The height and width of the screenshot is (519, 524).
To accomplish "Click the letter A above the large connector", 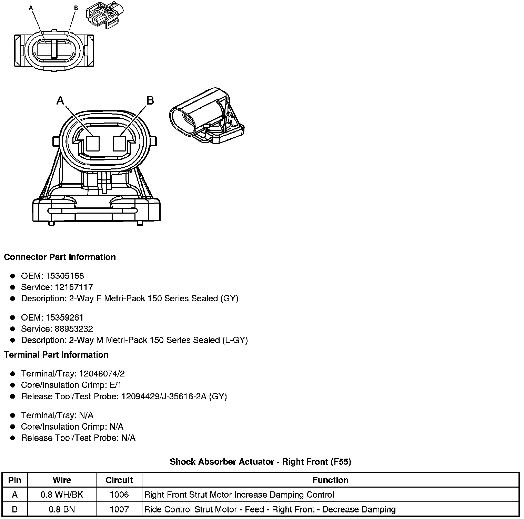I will [x=60, y=100].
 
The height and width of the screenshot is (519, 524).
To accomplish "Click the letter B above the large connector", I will [x=150, y=100].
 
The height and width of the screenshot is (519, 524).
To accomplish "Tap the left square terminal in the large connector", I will [x=93, y=143].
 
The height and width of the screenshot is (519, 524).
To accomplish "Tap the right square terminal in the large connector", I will [x=119, y=143].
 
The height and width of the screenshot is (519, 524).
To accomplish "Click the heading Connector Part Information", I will [x=60, y=257].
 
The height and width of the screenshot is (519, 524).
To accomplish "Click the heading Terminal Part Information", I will [x=56, y=355].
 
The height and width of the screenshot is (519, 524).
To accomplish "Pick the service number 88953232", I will [x=74, y=329].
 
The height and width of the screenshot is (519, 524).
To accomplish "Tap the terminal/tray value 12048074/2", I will [x=102, y=374].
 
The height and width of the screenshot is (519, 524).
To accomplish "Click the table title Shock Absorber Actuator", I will [x=260, y=462].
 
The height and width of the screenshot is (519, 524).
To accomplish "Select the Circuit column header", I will [x=119, y=480].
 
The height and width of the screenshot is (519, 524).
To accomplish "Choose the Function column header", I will [x=330, y=480].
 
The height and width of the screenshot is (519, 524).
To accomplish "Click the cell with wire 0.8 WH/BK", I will [x=62, y=495].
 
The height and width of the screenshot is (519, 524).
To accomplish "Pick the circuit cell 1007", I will [x=119, y=509].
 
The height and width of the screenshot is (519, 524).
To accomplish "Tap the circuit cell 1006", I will [x=119, y=495].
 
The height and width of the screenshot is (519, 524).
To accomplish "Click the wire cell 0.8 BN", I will [x=62, y=509].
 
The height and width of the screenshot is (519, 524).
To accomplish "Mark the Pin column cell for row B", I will [x=15, y=509].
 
